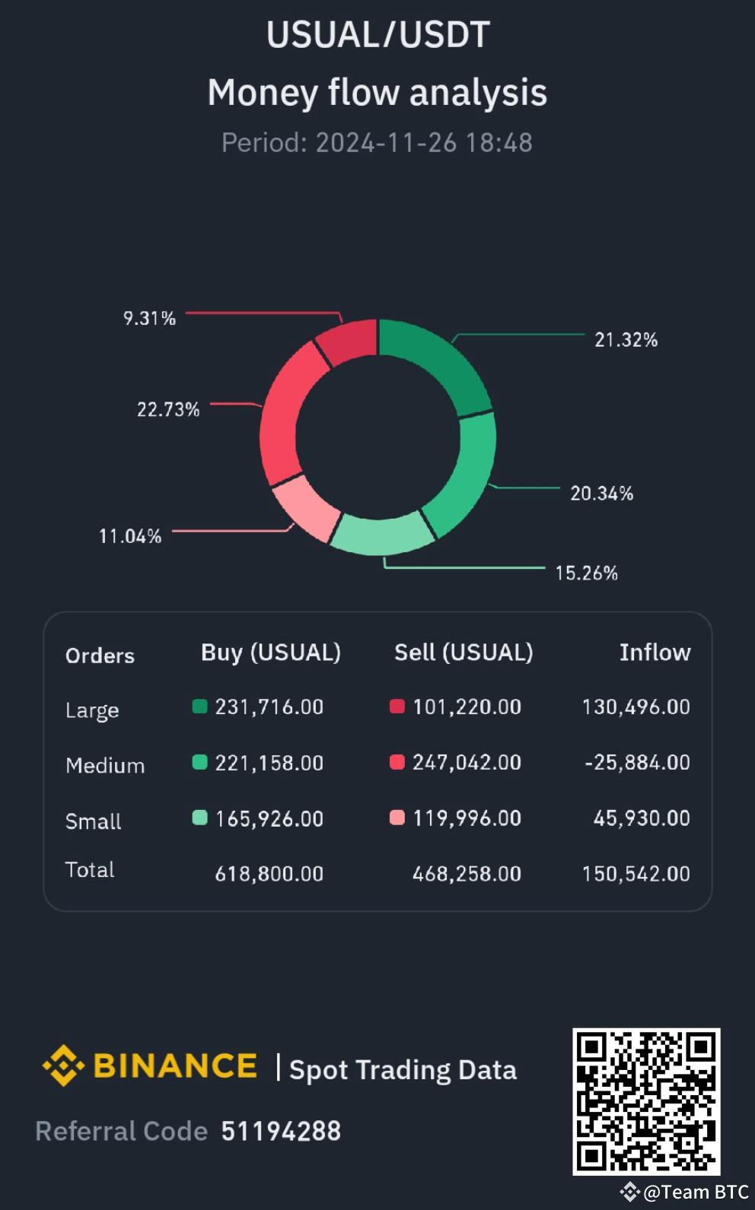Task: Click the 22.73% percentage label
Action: [168, 410]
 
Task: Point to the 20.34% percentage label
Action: [601, 494]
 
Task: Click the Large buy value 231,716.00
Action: [269, 707]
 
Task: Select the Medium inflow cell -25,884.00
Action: [637, 762]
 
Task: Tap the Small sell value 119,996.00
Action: [467, 818]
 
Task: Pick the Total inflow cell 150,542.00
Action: [636, 874]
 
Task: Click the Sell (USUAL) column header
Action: [464, 653]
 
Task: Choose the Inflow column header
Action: [655, 653]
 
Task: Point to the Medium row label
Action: [105, 765]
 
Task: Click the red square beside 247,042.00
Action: [397, 762]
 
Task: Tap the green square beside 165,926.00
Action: [200, 818]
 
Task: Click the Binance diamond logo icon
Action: [63, 1065]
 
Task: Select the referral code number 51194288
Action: [281, 1131]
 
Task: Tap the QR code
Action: [646, 1100]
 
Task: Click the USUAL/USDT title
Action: [377, 35]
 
